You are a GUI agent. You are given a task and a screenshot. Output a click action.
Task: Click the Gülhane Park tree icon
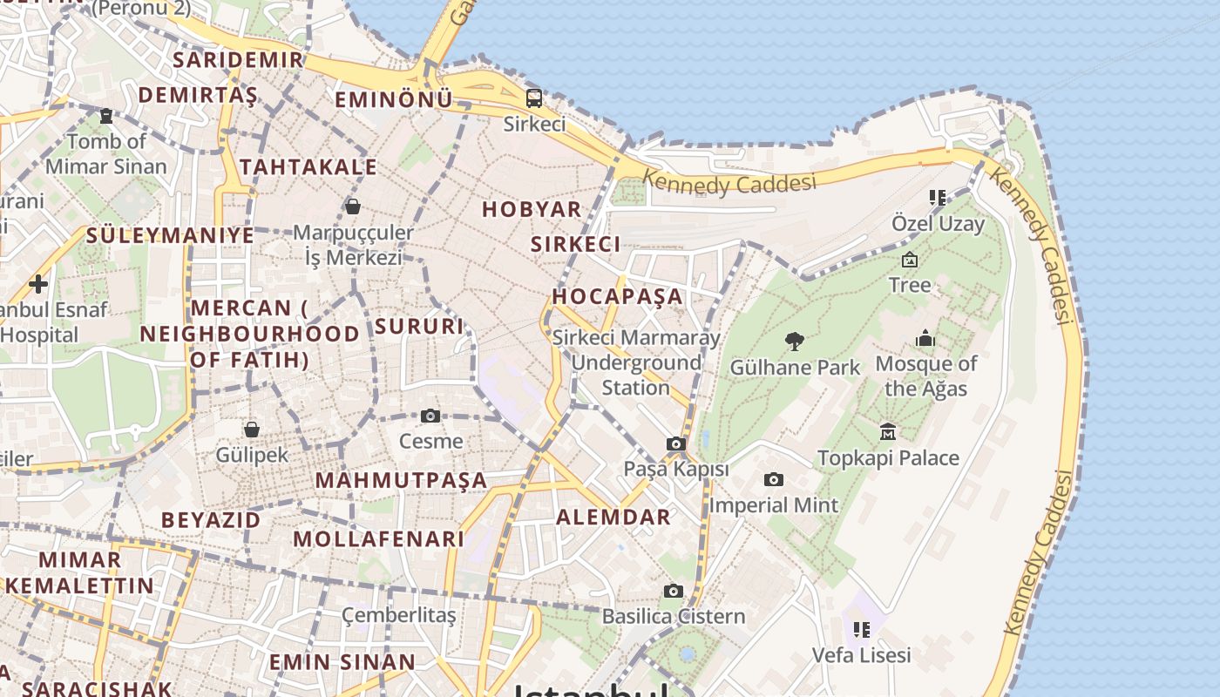(x=794, y=341)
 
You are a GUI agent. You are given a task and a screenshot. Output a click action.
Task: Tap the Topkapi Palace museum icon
(x=888, y=431)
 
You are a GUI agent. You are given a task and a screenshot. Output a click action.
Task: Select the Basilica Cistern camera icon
(x=673, y=592)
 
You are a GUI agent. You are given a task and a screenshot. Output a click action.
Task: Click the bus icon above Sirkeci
(x=534, y=98)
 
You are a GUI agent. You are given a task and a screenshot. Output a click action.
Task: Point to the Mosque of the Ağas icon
(x=925, y=338)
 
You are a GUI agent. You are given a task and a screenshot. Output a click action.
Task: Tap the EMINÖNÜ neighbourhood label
(x=394, y=100)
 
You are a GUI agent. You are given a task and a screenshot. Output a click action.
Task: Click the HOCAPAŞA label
(x=617, y=296)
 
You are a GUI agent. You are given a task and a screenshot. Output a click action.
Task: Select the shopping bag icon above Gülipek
(x=252, y=429)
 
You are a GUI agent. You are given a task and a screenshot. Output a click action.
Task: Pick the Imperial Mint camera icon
(x=773, y=480)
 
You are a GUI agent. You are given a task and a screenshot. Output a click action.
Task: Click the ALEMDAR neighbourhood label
(x=613, y=518)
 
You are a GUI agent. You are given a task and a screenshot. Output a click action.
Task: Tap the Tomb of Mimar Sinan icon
(x=106, y=115)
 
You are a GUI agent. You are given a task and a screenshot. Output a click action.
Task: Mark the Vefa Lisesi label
(x=861, y=654)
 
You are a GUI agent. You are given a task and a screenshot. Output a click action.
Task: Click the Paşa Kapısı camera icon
(x=675, y=444)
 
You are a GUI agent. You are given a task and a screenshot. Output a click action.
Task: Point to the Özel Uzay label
(x=938, y=224)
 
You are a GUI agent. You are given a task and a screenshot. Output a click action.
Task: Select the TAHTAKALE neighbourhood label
(x=308, y=167)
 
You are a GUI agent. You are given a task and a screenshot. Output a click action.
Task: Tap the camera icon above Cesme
(x=430, y=416)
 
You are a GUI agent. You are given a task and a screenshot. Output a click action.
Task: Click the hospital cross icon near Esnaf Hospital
(x=38, y=283)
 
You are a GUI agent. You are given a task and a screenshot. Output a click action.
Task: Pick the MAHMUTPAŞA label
(x=401, y=480)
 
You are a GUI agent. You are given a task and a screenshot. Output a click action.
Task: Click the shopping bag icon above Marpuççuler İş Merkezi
(x=353, y=206)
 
